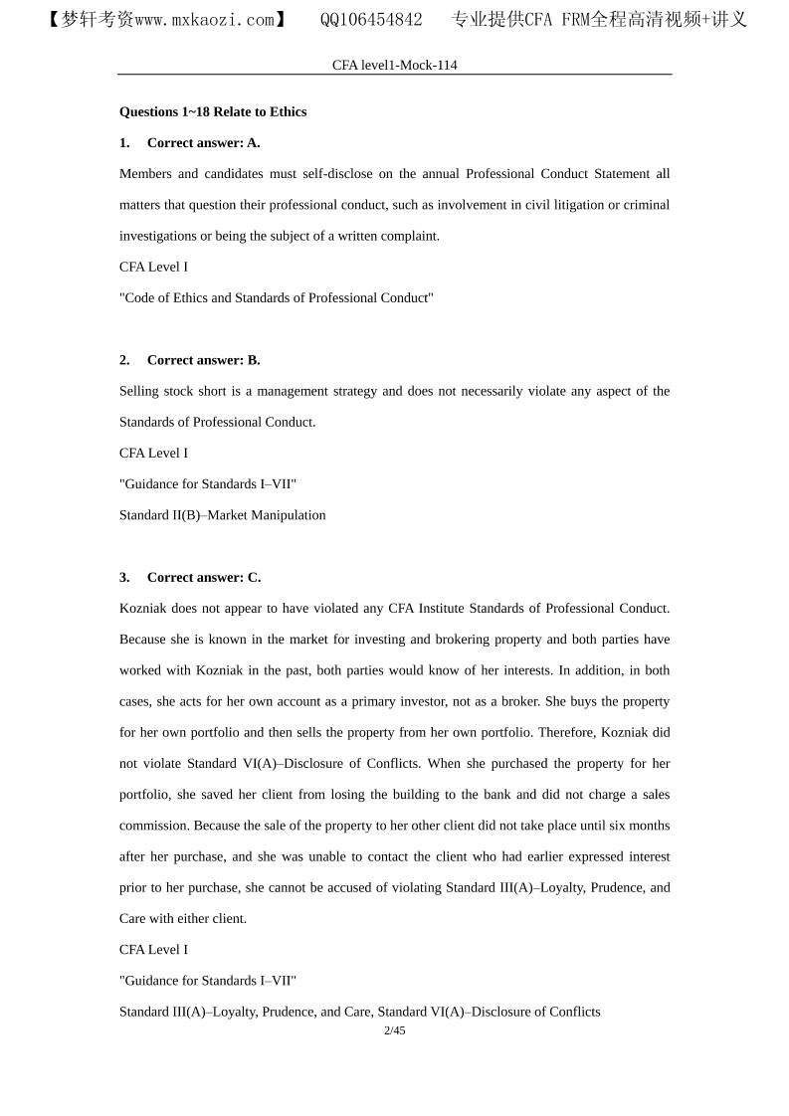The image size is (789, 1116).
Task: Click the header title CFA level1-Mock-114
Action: (x=394, y=65)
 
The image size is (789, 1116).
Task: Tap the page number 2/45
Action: (x=394, y=1030)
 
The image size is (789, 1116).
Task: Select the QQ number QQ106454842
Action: (x=371, y=20)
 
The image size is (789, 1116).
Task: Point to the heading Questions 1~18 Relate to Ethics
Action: (x=213, y=111)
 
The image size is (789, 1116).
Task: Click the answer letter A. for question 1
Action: (x=254, y=142)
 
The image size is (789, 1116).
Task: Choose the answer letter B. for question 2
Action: (x=254, y=360)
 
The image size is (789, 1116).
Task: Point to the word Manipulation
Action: (x=289, y=515)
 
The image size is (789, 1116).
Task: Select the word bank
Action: (x=493, y=794)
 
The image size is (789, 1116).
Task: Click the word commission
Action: (x=154, y=826)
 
